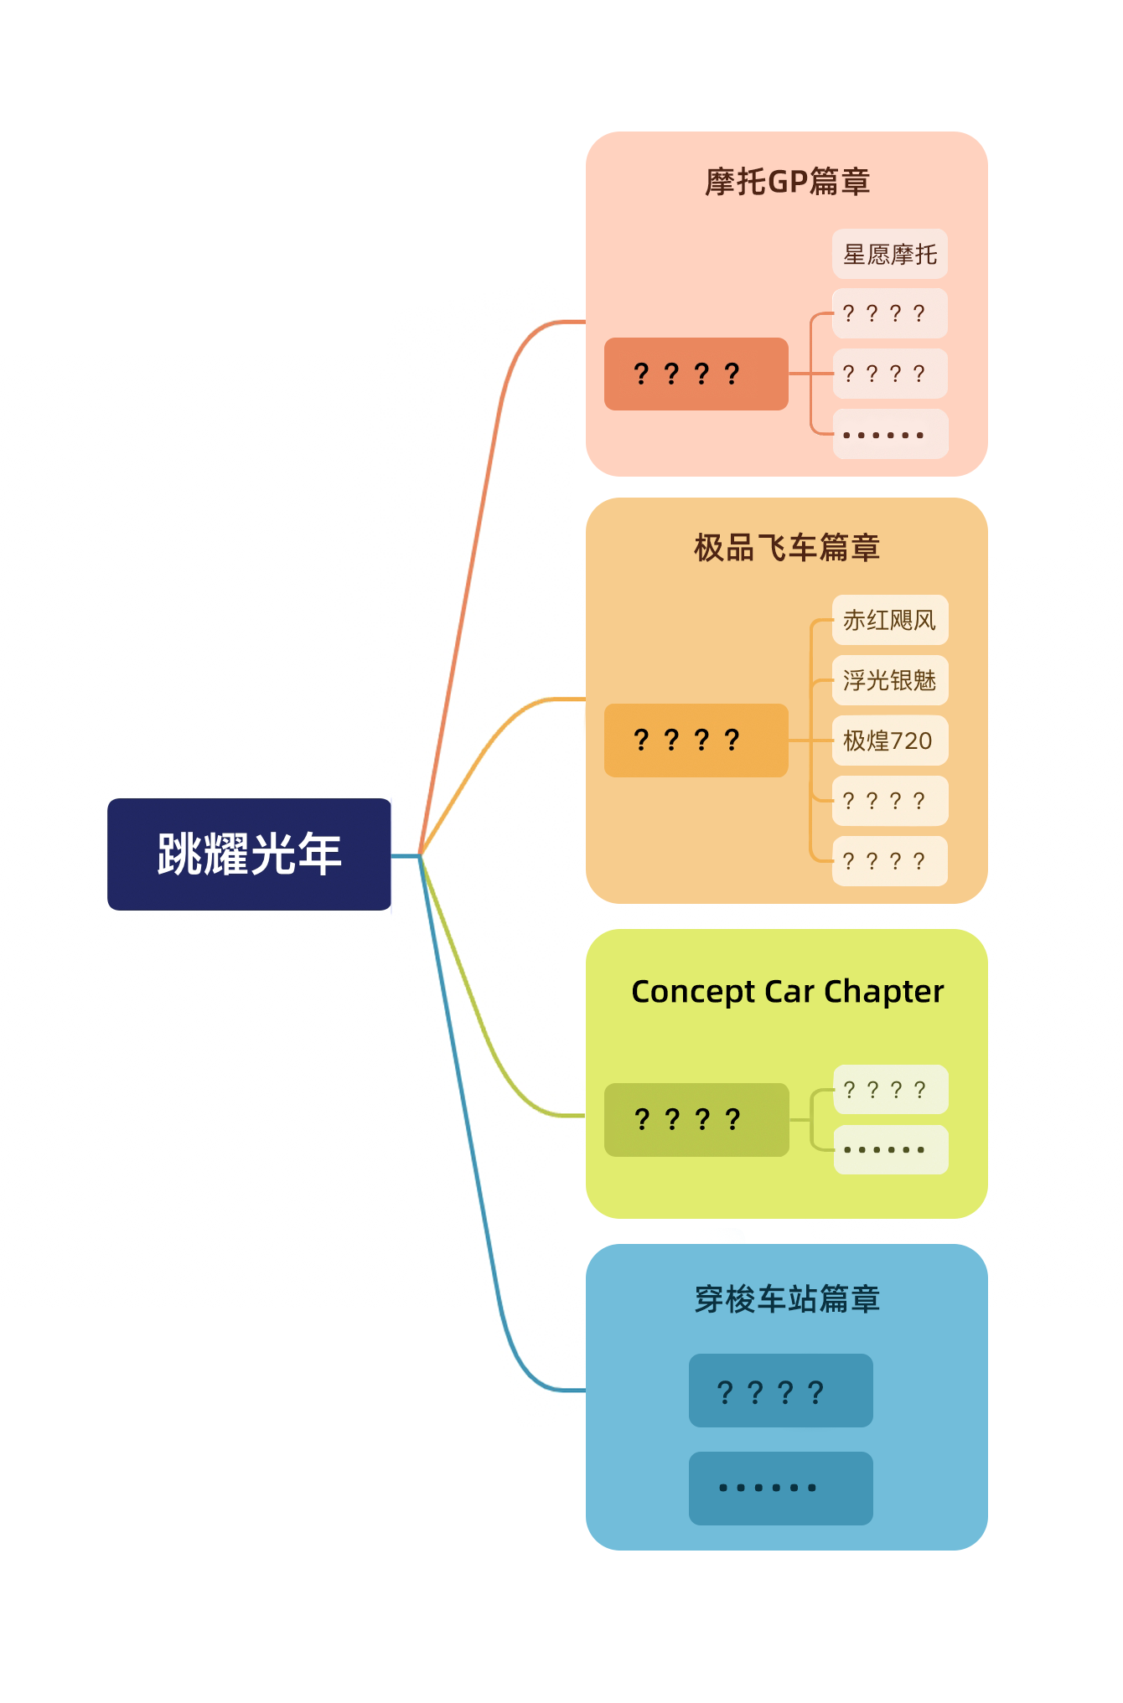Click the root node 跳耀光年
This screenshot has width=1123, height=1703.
(249, 854)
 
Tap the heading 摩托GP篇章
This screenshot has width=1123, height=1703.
(787, 182)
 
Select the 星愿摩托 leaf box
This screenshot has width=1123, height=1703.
(890, 254)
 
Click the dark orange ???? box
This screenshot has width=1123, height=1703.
(696, 374)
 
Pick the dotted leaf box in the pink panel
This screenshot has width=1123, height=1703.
(890, 434)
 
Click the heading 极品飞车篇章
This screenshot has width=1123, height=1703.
(787, 548)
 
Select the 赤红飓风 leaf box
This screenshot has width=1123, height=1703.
(890, 620)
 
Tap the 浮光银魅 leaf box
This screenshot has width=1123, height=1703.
(890, 680)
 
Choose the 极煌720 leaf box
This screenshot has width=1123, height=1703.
(890, 741)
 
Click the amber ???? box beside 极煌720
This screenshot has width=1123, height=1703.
(696, 741)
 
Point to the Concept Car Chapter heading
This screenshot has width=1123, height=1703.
(787, 992)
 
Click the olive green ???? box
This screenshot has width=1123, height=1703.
(696, 1120)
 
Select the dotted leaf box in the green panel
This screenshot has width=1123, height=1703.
(891, 1149)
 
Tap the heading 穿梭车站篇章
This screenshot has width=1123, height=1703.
(787, 1299)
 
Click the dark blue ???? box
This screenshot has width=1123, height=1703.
(781, 1391)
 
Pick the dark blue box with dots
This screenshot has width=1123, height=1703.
(781, 1489)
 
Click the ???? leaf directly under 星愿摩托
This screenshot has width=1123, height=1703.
(890, 313)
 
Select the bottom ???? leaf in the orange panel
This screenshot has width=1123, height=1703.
(890, 861)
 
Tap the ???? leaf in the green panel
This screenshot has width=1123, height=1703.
(891, 1090)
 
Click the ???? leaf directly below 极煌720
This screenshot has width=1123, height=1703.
(890, 801)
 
